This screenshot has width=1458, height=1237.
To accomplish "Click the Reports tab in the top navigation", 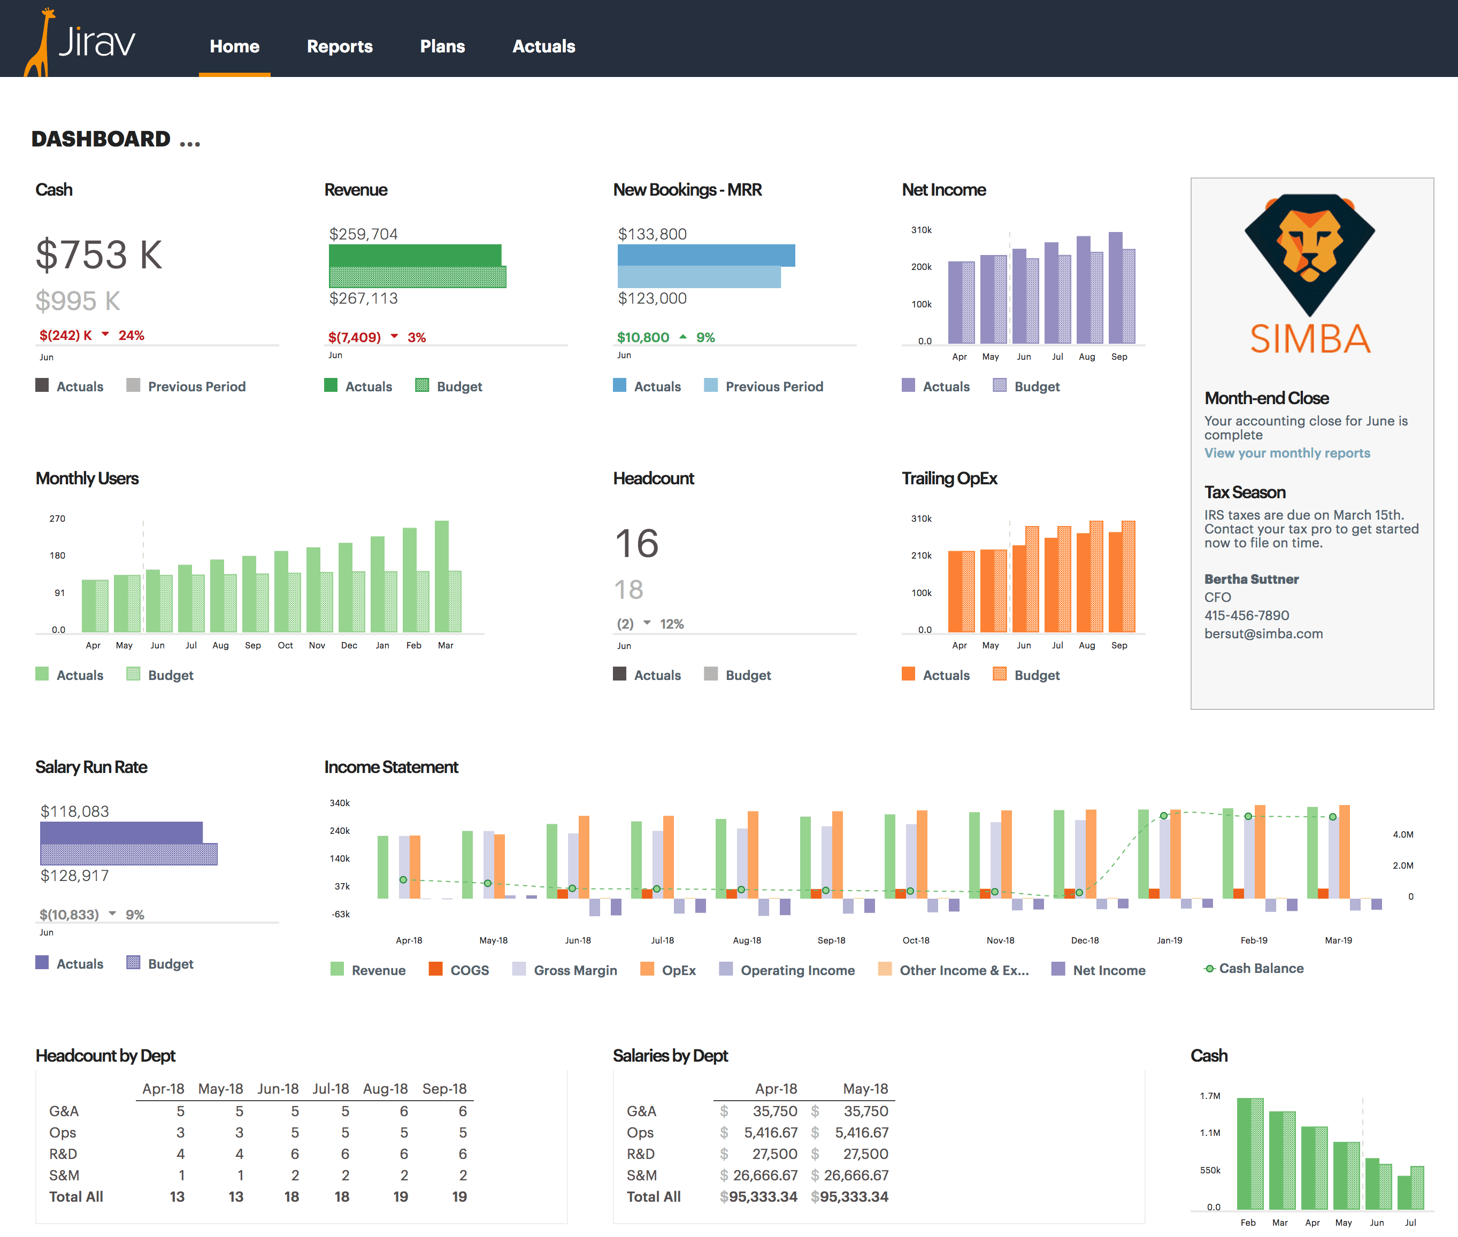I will point(340,47).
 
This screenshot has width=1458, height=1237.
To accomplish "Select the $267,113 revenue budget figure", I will point(364,298).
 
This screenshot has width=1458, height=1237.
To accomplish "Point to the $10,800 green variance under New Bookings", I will point(643,337).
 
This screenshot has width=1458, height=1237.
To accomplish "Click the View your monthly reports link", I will point(1287,453).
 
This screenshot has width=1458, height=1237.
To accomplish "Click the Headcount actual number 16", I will point(636,544).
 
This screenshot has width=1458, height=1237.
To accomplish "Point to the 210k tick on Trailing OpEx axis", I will point(920,555).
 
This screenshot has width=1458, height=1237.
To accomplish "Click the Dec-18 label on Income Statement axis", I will point(1085,940).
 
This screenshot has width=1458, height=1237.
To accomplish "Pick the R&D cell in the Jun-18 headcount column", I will point(295,1154).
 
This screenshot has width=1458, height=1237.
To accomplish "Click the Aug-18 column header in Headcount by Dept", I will point(385,1088).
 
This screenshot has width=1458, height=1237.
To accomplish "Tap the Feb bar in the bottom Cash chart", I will point(1249,1154).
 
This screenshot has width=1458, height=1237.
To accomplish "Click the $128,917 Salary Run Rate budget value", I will point(75,875).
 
